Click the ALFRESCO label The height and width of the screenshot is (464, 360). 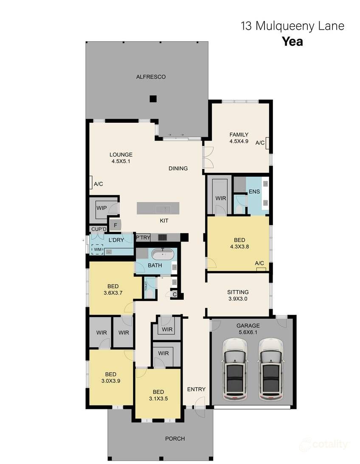pos(151,77)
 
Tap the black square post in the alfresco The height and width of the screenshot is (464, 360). pos(153,99)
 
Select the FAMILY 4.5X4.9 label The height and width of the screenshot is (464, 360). pos(239,138)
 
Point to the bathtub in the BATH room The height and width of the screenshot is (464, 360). pos(163,255)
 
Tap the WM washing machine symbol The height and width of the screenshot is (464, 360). pos(98,250)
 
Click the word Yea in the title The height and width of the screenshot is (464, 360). pos(292,42)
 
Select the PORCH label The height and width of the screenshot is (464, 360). pos(175,439)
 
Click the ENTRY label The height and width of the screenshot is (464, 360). pos(196,389)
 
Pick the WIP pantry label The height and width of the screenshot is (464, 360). pos(101,208)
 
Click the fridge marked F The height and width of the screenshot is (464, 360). pos(115,225)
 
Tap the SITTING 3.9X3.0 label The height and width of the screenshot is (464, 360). pos(238,295)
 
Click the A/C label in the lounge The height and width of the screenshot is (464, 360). pos(98,184)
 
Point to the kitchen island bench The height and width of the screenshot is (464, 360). pos(158,208)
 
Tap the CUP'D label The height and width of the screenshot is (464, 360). pos(98,229)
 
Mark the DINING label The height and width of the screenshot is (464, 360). pos(178,169)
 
